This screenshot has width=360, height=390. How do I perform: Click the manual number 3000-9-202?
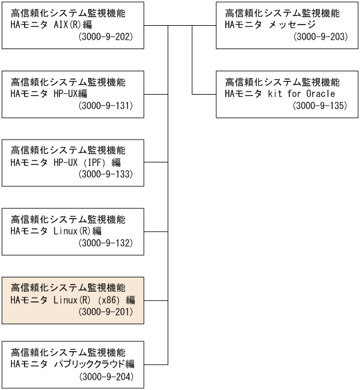tap(105, 37)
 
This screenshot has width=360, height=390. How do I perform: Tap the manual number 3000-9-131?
tap(105, 106)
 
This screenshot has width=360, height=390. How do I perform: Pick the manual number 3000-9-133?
tap(105, 174)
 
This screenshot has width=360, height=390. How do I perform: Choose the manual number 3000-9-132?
tap(105, 243)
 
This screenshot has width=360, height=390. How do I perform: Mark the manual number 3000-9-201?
tap(105, 312)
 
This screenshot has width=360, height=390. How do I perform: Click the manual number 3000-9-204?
tap(105, 377)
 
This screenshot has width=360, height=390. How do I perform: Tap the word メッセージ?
tap(290, 26)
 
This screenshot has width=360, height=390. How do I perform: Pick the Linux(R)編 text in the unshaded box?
tap(82, 231)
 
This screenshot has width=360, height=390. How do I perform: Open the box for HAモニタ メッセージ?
tap(288, 25)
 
